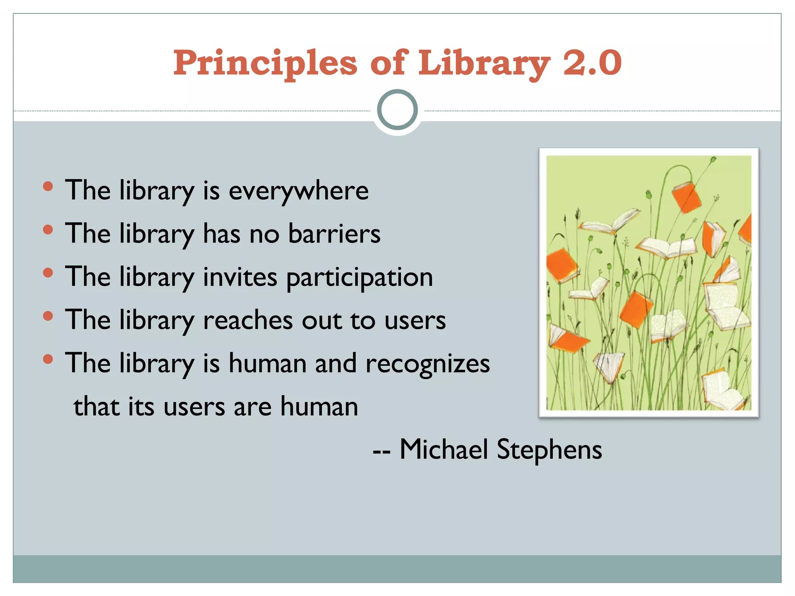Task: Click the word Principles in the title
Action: tap(265, 63)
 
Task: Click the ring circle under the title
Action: tap(397, 110)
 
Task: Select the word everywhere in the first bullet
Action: tap(299, 191)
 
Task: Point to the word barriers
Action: tap(334, 234)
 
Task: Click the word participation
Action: tap(359, 278)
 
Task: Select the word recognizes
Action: tap(428, 364)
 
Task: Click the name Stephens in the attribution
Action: tap(549, 450)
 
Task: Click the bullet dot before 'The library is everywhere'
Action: tap(48, 187)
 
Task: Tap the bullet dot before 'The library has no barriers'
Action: tap(48, 230)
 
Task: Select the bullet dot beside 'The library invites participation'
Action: tap(48, 273)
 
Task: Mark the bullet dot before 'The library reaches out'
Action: tap(48, 316)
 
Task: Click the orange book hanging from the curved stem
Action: tap(686, 197)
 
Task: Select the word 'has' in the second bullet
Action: tap(222, 234)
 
